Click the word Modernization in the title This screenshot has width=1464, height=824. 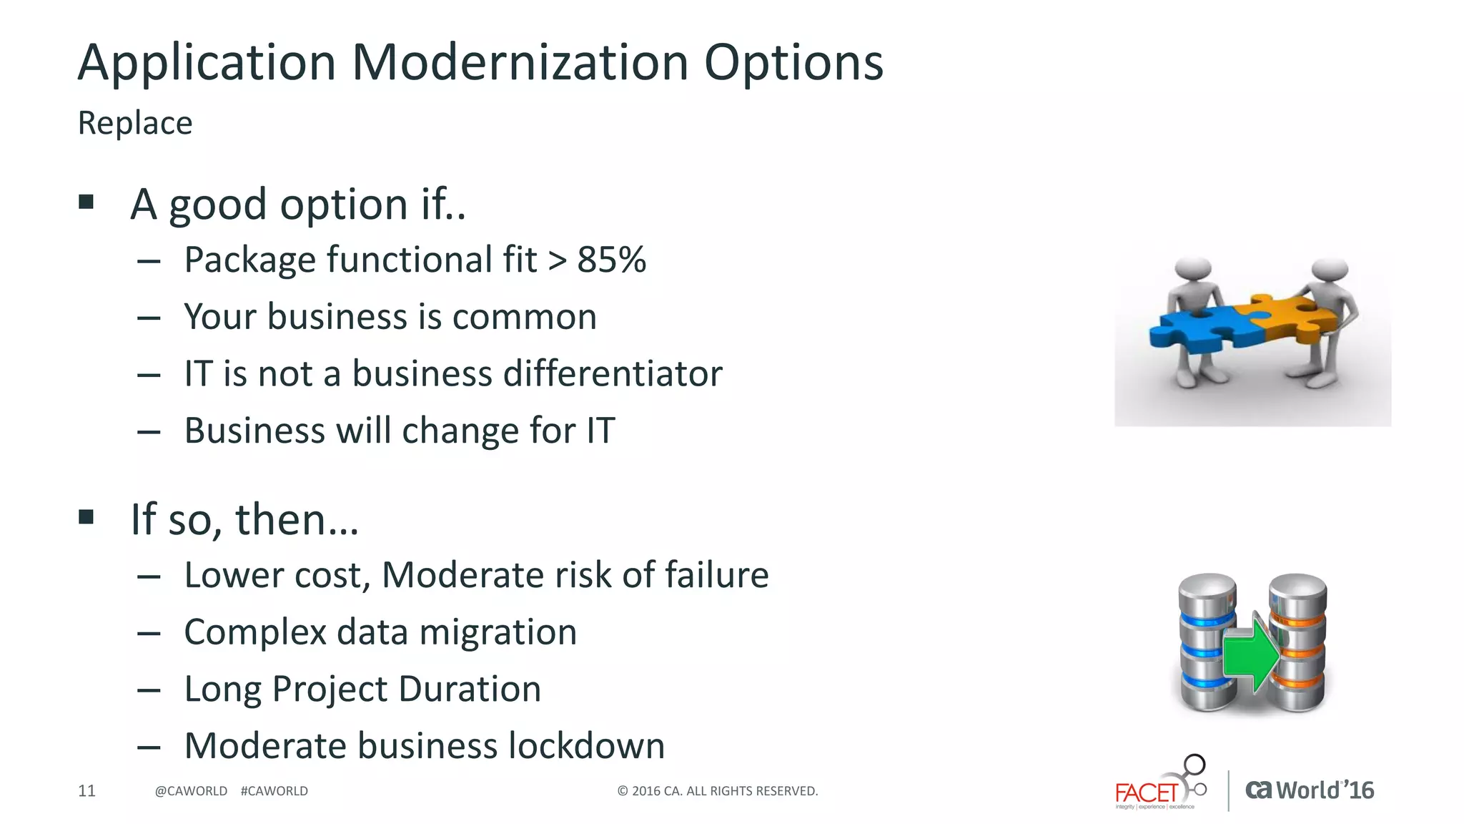520,63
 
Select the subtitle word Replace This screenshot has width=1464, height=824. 135,123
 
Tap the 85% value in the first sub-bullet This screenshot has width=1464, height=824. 612,260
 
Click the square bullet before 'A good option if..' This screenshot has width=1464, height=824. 86,202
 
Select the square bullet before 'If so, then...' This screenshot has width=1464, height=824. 86,517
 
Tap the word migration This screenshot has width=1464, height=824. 498,632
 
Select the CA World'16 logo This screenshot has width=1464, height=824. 1310,790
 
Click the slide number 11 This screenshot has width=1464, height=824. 86,791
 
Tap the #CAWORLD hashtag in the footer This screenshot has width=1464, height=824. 274,791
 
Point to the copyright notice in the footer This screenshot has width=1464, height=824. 717,791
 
